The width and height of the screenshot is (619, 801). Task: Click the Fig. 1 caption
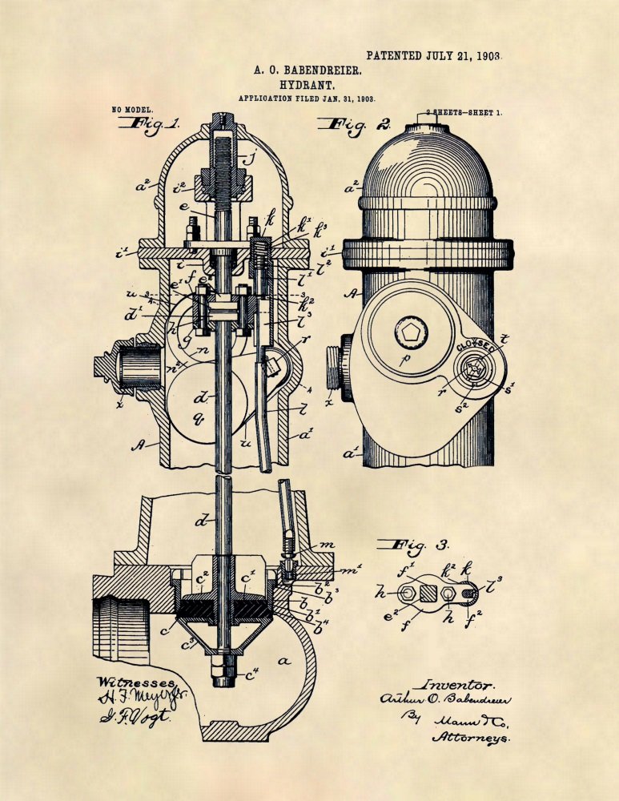150,124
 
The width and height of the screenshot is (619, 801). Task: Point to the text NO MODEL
132,109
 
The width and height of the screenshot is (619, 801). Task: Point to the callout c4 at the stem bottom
252,674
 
